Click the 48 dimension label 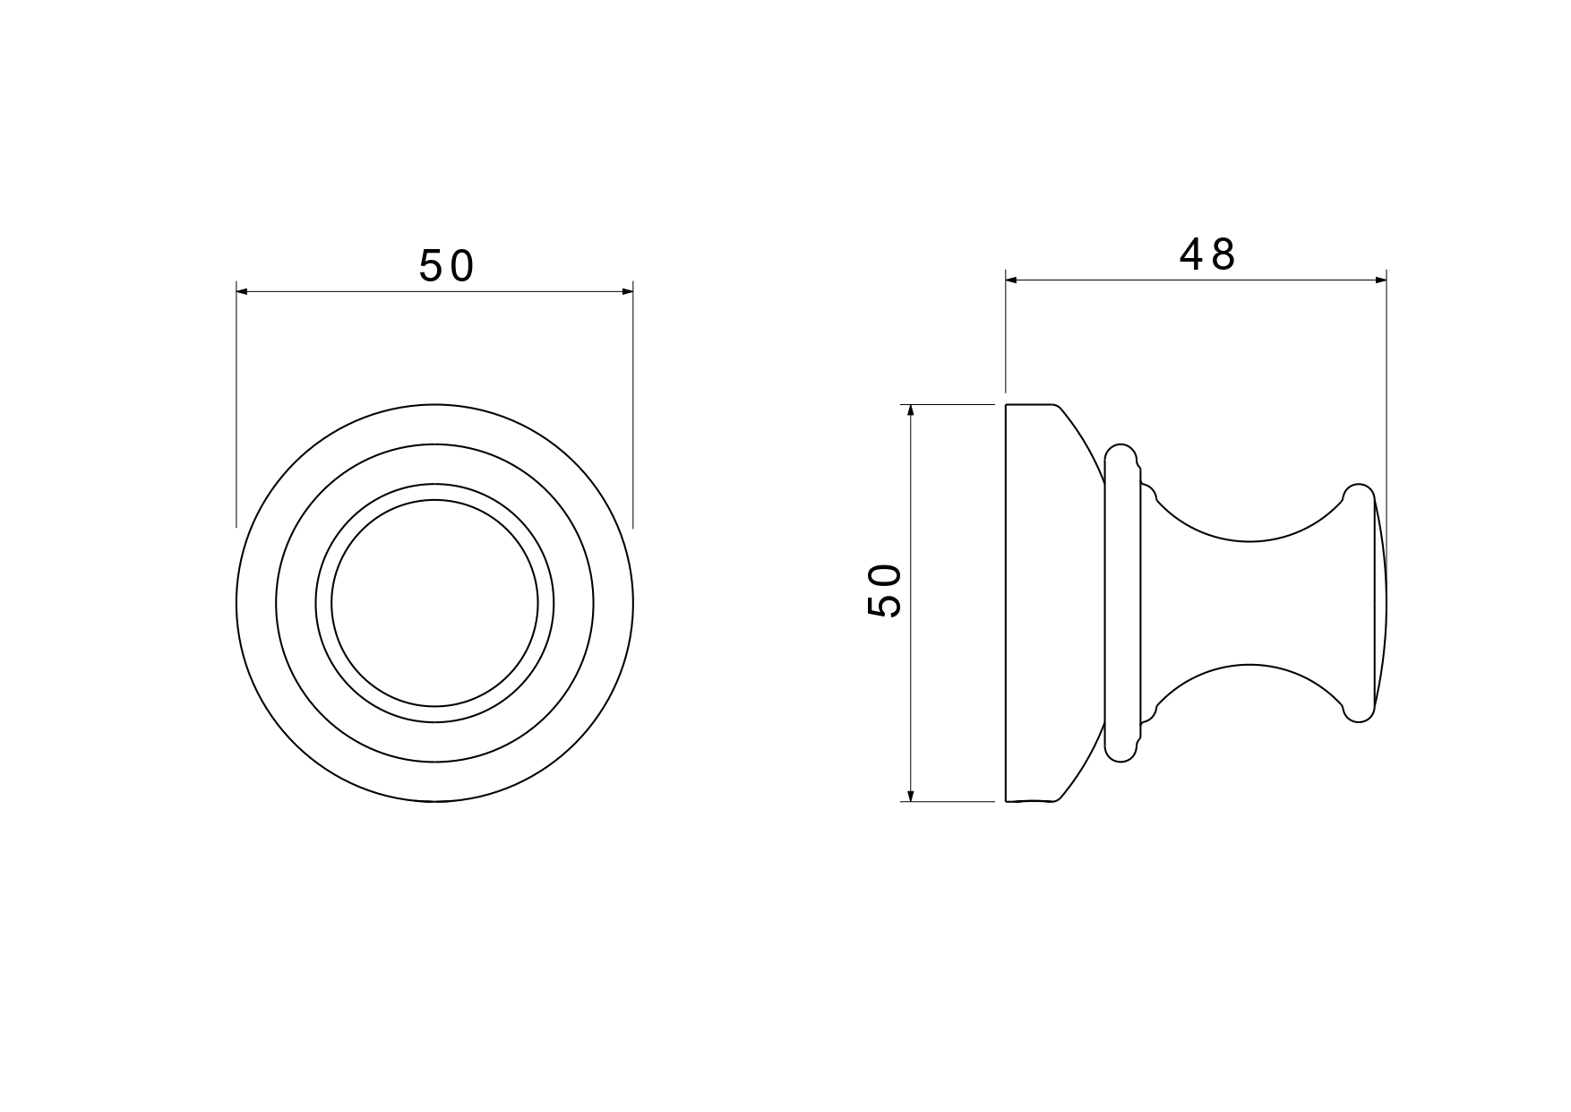pos(1207,255)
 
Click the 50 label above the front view pos(446,266)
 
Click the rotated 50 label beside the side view pos(884,590)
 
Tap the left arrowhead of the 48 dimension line pos(1012,280)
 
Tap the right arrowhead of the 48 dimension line pos(1380,280)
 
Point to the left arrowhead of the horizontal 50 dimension pos(243,291)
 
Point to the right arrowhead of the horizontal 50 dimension pos(626,291)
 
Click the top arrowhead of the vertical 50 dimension pos(910,411)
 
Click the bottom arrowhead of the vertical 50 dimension pos(910,795)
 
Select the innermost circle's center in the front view pos(434,603)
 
